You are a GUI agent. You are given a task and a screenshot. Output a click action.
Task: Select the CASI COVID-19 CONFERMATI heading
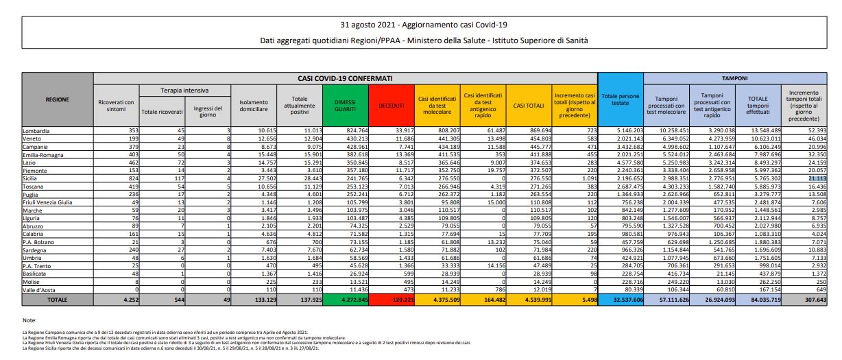click(345, 79)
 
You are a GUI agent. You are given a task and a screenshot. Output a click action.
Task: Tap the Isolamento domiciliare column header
click(253, 105)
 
